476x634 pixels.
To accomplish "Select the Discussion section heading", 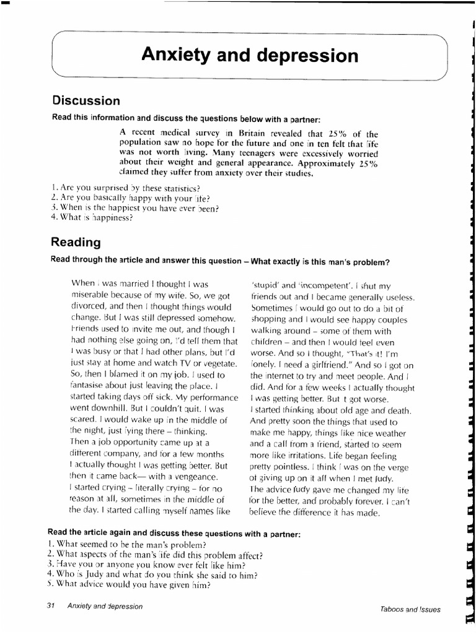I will point(86,100).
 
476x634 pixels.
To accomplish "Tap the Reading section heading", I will point(76,242).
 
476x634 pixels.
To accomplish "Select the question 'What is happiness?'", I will point(92,217).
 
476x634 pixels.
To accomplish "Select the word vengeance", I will point(188,477).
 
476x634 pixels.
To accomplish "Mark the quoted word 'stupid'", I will point(266,285).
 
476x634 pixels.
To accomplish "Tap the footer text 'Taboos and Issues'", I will point(410,609).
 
